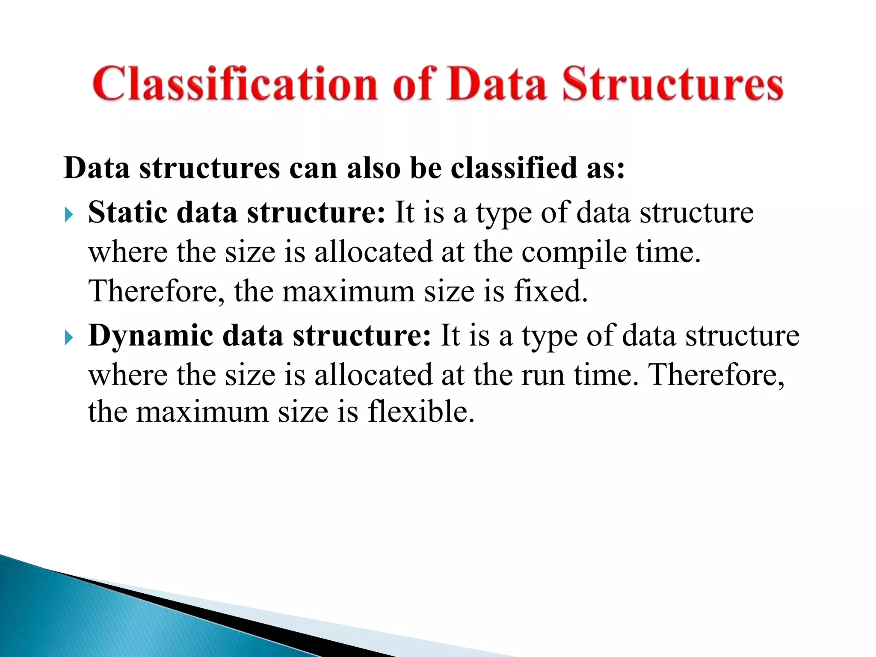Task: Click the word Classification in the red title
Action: (x=235, y=84)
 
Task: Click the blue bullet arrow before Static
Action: (x=69, y=214)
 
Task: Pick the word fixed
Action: (x=550, y=291)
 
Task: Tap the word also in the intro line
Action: (x=373, y=168)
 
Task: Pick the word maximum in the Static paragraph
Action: (x=348, y=291)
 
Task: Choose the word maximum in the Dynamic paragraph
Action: (x=203, y=411)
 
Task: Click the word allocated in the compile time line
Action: (x=373, y=252)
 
